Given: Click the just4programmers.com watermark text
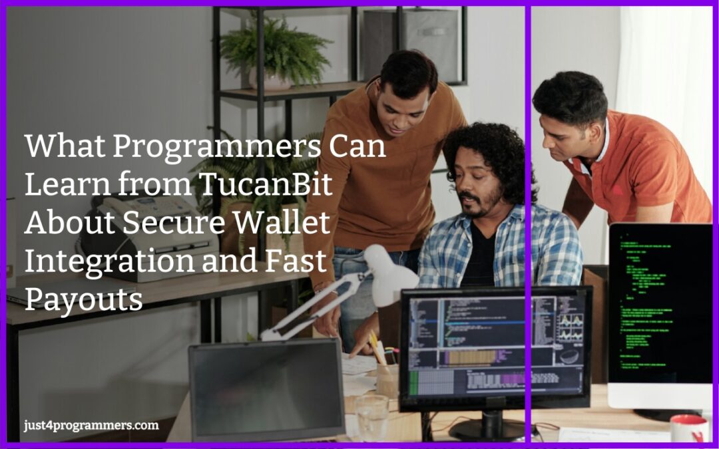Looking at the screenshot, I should pos(91,425).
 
